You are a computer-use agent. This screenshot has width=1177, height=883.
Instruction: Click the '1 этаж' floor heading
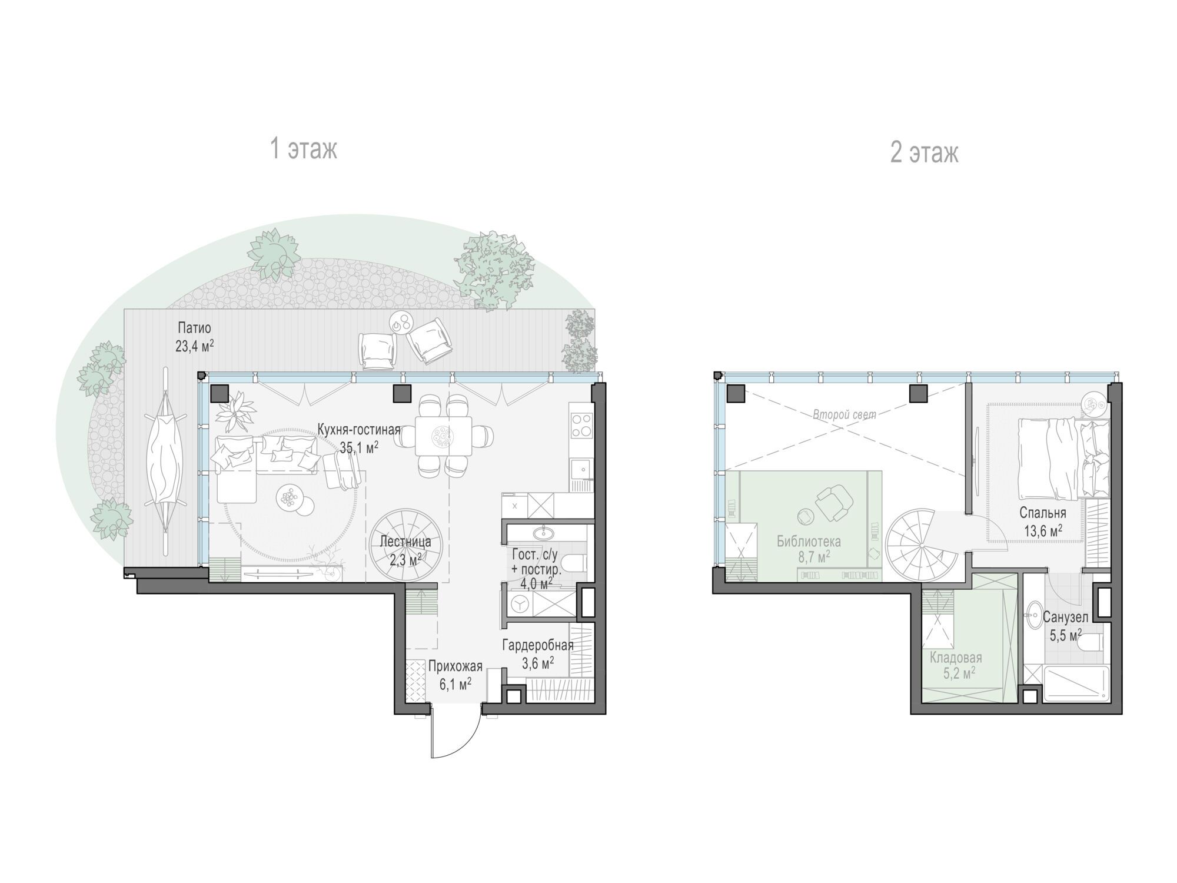click(304, 148)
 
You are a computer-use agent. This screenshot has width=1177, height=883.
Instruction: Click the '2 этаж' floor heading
click(924, 152)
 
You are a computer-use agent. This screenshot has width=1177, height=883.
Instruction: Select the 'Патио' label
click(194, 328)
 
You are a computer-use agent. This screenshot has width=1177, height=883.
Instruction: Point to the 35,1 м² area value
click(359, 447)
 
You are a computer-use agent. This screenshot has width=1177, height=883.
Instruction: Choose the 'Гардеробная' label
click(537, 645)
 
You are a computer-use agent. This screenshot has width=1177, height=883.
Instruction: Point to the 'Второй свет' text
click(844, 415)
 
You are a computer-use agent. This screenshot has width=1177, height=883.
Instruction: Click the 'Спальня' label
click(1043, 513)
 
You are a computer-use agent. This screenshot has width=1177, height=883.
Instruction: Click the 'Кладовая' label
click(956, 658)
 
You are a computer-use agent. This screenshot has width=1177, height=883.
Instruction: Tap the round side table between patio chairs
click(403, 323)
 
